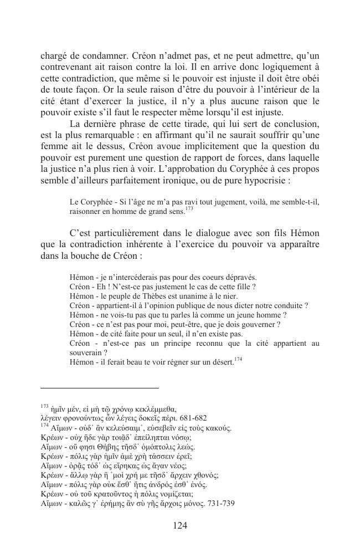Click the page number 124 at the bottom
tap(180, 525)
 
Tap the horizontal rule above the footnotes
tap(100, 388)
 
